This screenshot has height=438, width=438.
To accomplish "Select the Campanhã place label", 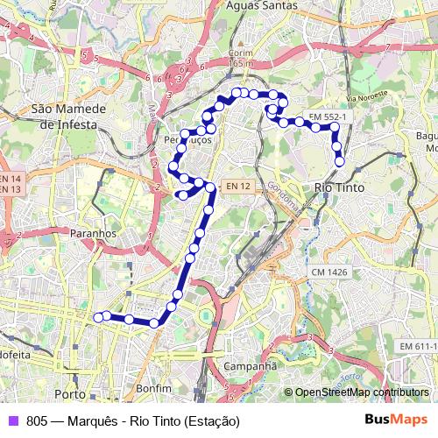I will tap(250, 365).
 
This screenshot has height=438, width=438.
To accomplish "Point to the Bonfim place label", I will tap(153, 387).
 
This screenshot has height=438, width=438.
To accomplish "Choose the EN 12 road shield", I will tap(237, 186).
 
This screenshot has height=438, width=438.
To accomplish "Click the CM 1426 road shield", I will tap(330, 272).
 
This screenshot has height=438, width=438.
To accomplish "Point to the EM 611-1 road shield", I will tap(418, 348).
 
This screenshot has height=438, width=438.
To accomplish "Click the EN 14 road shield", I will tap(11, 178).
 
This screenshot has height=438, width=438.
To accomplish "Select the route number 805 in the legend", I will tap(37, 420).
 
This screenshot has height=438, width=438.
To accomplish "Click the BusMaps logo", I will tap(396, 420).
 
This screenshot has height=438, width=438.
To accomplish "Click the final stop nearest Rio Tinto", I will tap(339, 161).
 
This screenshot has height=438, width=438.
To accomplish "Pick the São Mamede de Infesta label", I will tap(68, 117).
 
